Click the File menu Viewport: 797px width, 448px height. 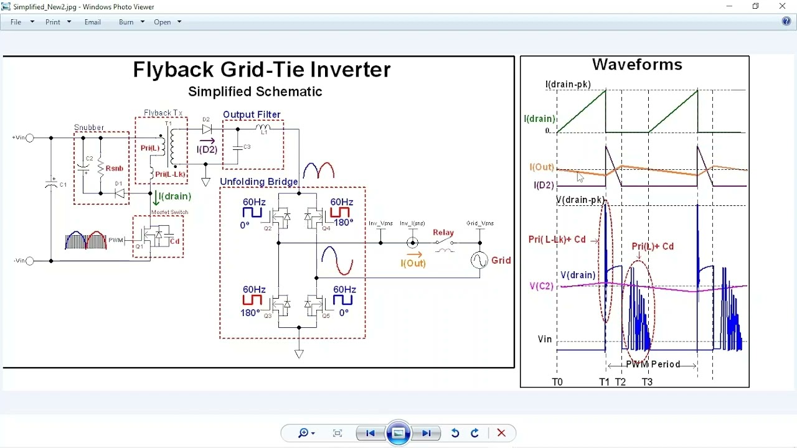(16, 22)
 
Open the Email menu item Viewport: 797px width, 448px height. (93, 22)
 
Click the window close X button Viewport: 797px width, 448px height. (783, 6)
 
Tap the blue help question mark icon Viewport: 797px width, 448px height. (786, 22)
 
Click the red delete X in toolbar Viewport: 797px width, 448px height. (501, 433)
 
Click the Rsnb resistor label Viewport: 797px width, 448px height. (115, 169)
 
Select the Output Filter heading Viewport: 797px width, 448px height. (252, 114)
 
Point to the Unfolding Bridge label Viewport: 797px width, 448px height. (258, 182)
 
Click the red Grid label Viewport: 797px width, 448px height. (501, 260)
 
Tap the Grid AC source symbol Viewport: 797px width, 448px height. (479, 260)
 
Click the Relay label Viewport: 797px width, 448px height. (443, 233)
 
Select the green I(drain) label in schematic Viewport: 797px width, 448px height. (175, 197)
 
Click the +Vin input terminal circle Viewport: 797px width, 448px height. (29, 138)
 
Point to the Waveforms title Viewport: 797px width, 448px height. (637, 65)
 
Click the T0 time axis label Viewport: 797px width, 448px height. (557, 382)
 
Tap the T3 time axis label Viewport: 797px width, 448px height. (647, 382)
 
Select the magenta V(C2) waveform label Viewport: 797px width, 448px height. (541, 286)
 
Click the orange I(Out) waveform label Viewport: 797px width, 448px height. (542, 167)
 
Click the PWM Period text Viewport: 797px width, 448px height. (653, 365)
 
